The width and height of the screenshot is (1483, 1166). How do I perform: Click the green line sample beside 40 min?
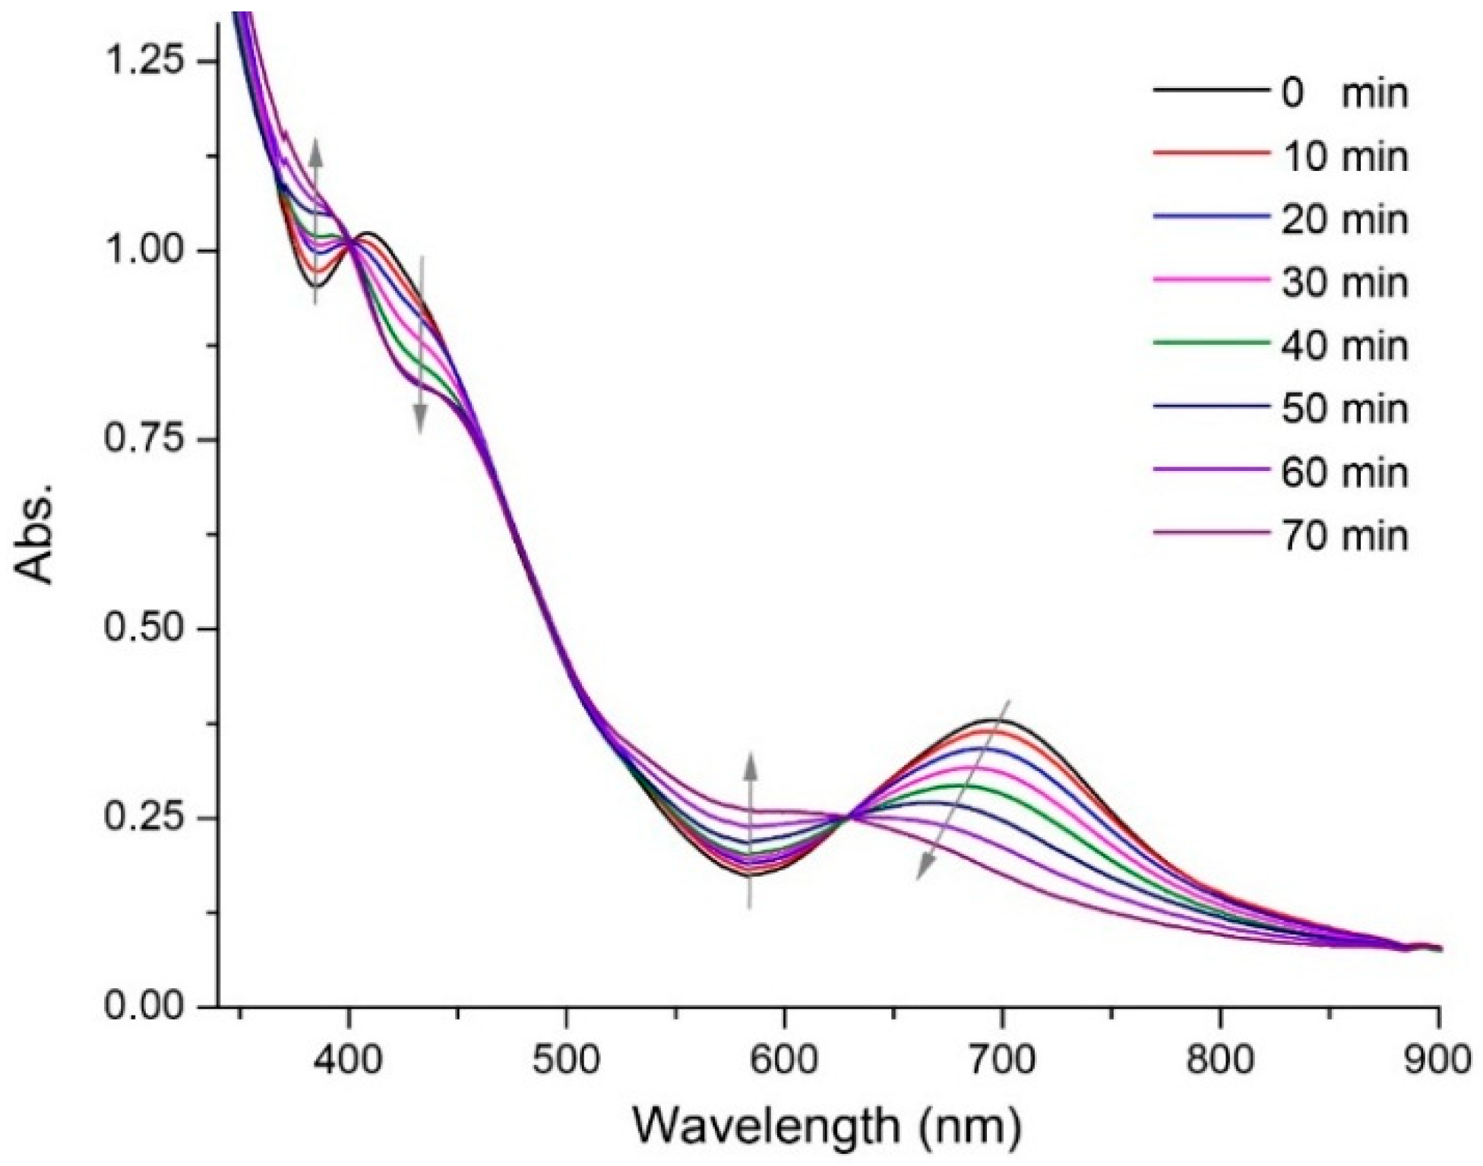point(1211,343)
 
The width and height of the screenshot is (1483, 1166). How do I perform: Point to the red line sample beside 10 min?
point(1211,154)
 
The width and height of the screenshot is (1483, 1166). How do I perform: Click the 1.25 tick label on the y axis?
point(145,61)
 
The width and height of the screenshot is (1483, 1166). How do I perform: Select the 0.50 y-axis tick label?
point(145,629)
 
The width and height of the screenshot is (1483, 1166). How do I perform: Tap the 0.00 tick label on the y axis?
point(145,1006)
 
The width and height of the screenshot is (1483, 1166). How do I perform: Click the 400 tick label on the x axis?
point(349,1060)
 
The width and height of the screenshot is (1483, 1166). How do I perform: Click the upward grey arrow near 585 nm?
point(750,828)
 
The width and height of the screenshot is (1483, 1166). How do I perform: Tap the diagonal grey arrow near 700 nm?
point(963,790)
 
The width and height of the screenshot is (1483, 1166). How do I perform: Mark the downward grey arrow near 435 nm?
point(421,346)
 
